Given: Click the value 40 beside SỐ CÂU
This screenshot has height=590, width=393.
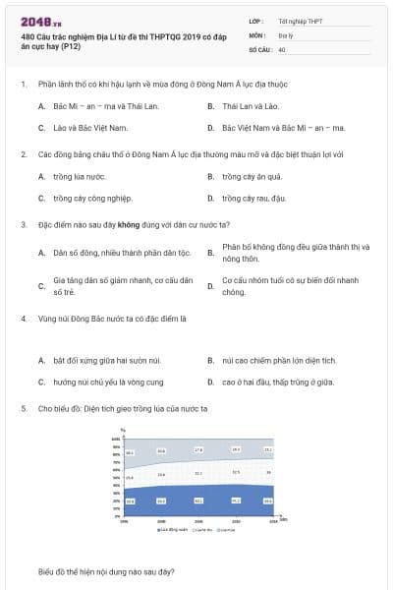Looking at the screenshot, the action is (282, 48).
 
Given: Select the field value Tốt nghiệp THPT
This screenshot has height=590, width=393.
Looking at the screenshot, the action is (299, 21).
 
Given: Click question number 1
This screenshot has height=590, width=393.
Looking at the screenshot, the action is (23, 85).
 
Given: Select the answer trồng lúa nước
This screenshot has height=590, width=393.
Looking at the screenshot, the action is (79, 177).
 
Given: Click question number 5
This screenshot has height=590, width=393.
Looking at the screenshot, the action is (23, 407).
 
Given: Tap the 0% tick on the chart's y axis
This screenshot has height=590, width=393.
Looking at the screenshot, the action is (117, 515).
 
